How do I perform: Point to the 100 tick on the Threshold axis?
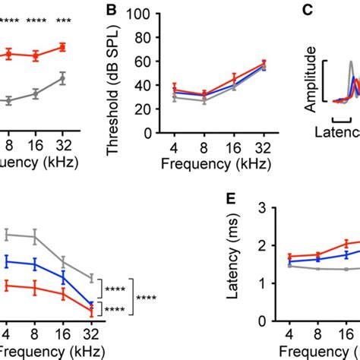tap(138, 13)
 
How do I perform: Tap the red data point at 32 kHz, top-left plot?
tap(62, 47)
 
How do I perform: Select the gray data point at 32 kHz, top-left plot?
tap(62, 77)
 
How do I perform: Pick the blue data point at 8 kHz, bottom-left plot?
tap(36, 265)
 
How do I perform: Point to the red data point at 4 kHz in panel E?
tap(289, 257)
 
